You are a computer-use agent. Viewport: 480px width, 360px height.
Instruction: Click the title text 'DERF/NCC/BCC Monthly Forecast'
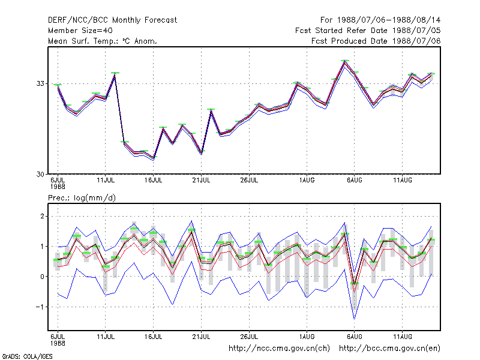coord(112,20)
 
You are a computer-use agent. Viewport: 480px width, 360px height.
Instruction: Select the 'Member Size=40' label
coord(80,31)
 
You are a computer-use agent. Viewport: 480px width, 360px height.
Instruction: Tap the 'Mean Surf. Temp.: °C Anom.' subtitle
coord(102,41)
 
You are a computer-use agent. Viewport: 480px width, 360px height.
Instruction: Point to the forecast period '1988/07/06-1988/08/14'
coord(389,20)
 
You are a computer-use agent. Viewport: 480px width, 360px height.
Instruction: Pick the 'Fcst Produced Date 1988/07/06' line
coord(376,41)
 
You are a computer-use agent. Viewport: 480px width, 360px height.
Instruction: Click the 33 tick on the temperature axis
coord(40,83)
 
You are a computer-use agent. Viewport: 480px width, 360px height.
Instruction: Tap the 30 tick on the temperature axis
coord(40,174)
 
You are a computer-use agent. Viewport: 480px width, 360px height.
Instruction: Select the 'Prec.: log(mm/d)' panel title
coord(82,198)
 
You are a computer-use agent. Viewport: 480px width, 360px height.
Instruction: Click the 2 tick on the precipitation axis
coord(42,216)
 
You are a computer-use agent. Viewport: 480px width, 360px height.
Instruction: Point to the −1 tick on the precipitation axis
coord(40,307)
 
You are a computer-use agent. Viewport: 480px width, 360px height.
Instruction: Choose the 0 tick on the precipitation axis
coord(42,277)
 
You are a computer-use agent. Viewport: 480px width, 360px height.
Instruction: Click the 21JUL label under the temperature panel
coord(201,181)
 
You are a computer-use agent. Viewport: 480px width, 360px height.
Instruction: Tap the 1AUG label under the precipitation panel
coord(307,337)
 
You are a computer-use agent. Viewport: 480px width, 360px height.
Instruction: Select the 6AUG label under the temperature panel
coord(355,181)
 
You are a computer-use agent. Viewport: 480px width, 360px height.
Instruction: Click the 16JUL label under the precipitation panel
coord(154,337)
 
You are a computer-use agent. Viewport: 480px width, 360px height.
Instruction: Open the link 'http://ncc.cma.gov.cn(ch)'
coord(279,349)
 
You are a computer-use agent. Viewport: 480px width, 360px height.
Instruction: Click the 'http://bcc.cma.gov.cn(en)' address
coord(389,349)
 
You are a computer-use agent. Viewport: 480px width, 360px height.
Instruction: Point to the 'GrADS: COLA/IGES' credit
coord(27,356)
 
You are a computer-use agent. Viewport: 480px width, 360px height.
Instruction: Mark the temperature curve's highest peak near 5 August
coord(345,61)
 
